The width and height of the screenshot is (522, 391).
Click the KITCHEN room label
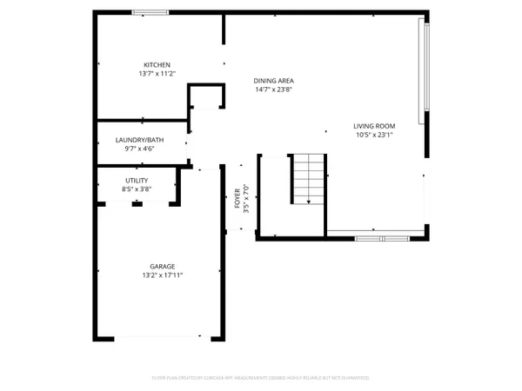pyautogui.click(x=157, y=64)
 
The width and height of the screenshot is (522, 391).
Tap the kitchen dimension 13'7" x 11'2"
pyautogui.click(x=157, y=74)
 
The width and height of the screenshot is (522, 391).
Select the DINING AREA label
pyautogui.click(x=273, y=80)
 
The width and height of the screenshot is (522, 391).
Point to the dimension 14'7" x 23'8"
pyautogui.click(x=273, y=89)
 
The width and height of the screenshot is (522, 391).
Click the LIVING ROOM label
pyautogui.click(x=374, y=125)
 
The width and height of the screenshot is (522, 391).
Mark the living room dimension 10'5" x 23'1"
pyautogui.click(x=374, y=135)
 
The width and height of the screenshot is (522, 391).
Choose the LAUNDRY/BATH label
pyautogui.click(x=139, y=140)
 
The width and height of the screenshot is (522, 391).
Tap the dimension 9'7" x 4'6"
pyautogui.click(x=139, y=149)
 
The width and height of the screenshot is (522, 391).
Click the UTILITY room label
pyautogui.click(x=137, y=180)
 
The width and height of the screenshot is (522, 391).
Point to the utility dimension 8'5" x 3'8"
pyautogui.click(x=137, y=189)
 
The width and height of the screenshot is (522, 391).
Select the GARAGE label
pyautogui.click(x=162, y=266)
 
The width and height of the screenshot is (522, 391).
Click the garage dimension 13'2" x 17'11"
pyautogui.click(x=162, y=275)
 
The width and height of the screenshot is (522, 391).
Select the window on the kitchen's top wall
pyautogui.click(x=151, y=12)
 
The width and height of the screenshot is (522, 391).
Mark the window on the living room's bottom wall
pyautogui.click(x=381, y=237)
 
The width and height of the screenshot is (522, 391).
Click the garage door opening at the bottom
pyautogui.click(x=157, y=338)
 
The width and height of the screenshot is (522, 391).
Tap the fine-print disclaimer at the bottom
pyautogui.click(x=261, y=378)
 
